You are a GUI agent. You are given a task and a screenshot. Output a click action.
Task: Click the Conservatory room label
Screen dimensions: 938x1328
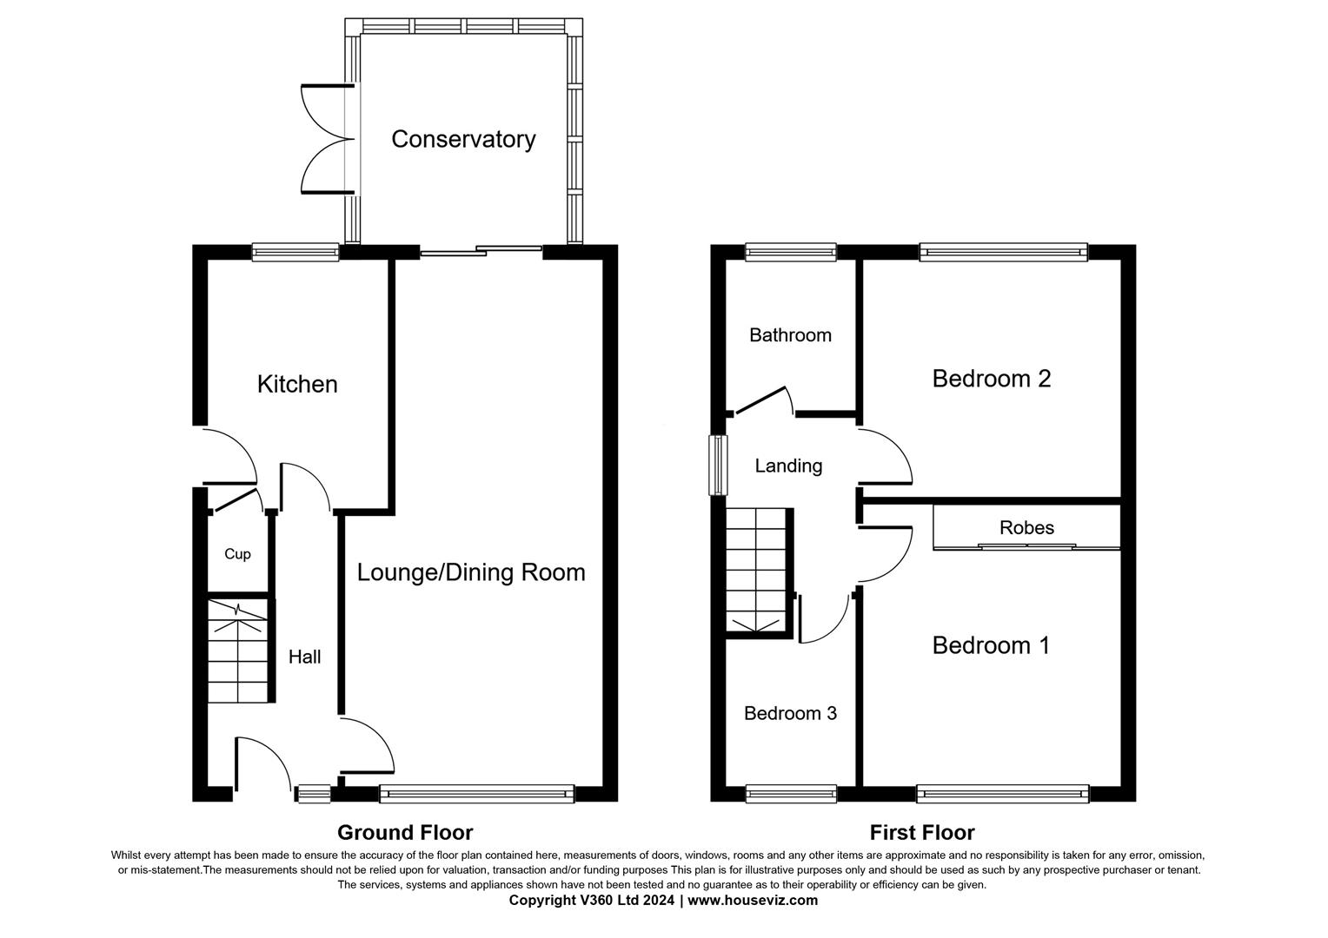click(463, 139)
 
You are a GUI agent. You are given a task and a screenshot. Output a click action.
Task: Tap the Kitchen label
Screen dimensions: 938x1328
click(297, 384)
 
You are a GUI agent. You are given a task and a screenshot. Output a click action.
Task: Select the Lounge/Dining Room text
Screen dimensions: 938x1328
click(471, 572)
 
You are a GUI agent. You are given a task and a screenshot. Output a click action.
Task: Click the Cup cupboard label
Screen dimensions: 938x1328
click(237, 554)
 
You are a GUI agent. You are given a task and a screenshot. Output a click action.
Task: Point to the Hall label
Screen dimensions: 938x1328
click(305, 657)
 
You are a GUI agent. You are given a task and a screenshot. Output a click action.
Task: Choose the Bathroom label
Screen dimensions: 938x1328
click(790, 335)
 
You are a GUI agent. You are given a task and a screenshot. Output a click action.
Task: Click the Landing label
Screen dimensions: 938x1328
click(788, 466)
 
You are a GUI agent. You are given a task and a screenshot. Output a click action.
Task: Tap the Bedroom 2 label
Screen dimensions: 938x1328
click(991, 379)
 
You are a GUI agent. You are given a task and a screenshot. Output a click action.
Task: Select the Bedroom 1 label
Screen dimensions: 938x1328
click(991, 645)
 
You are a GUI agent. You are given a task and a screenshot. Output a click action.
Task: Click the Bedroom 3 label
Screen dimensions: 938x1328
click(790, 713)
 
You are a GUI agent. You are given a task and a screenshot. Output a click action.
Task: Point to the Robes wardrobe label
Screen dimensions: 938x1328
click(1026, 528)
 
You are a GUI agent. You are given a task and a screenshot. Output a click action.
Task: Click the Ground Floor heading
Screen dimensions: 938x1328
click(405, 833)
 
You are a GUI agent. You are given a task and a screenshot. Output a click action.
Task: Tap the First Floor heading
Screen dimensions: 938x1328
click(922, 833)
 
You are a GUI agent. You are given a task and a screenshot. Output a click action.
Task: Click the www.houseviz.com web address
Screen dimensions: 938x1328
click(753, 901)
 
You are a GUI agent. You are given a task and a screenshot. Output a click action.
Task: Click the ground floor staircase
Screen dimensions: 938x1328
click(237, 651)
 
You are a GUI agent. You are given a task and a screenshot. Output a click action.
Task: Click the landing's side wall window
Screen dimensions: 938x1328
click(718, 466)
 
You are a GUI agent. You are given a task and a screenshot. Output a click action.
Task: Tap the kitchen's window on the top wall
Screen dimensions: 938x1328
click(295, 252)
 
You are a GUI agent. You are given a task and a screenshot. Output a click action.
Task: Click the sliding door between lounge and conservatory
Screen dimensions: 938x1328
click(481, 252)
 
